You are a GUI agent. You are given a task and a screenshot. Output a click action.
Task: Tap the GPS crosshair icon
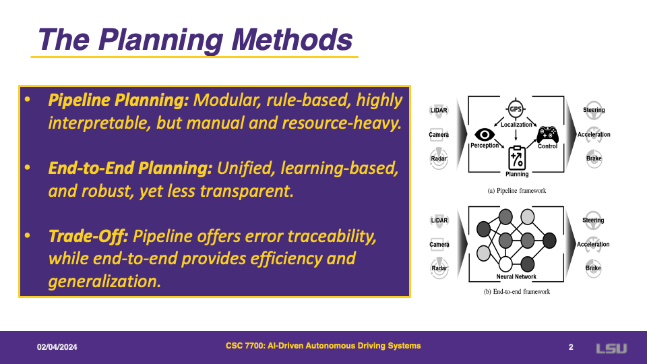tap(516, 109)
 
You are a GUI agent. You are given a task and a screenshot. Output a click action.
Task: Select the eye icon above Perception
tap(485, 135)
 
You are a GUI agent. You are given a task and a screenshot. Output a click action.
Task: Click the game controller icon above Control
tap(547, 135)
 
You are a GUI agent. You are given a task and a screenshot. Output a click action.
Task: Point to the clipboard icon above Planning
tap(517, 158)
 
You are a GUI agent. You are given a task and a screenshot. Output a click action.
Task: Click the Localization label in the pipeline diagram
tap(516, 125)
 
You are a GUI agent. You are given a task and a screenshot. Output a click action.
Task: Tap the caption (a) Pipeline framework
tap(517, 191)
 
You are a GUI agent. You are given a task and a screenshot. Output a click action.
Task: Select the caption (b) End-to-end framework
tap(517, 292)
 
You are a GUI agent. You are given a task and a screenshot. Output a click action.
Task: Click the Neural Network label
tap(516, 276)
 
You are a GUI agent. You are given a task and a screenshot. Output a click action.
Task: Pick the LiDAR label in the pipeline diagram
tap(439, 110)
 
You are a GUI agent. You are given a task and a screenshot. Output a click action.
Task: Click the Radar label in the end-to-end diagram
tap(439, 268)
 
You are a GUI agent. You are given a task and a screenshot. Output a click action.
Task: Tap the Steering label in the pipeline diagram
tap(594, 110)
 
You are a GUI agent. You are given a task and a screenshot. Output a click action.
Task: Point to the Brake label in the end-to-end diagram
tap(593, 268)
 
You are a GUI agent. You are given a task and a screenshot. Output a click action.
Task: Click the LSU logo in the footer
tap(611, 348)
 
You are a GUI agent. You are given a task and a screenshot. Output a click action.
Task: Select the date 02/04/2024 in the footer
tap(57, 347)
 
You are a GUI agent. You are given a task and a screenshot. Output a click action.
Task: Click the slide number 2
tap(571, 347)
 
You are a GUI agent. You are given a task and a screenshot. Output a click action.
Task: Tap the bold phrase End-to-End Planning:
tap(130, 169)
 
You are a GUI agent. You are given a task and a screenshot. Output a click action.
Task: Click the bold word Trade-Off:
tap(88, 237)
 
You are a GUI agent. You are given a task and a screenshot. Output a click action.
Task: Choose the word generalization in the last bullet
tap(104, 282)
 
